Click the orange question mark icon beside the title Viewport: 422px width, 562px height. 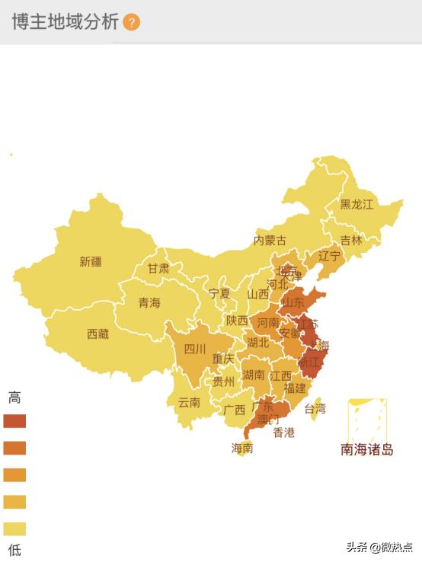(131, 22)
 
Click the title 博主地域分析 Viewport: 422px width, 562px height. (65, 22)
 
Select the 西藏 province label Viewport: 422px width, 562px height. (98, 334)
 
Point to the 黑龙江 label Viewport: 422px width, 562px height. (356, 204)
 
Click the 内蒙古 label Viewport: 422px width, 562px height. (270, 241)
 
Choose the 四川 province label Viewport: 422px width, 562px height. (195, 350)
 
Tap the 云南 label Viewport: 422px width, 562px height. (189, 403)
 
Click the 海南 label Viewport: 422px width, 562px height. (242, 448)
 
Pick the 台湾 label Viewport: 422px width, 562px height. (315, 409)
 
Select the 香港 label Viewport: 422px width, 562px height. (283, 433)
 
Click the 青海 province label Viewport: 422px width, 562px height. (149, 303)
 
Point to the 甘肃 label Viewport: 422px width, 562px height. (158, 269)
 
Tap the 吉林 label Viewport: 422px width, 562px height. (351, 240)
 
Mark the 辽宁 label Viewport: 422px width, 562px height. (329, 256)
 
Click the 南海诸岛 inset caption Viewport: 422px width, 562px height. (367, 449)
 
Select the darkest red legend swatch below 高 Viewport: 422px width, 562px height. (14, 421)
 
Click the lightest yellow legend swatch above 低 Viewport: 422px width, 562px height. (14, 528)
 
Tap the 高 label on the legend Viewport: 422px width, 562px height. (14, 397)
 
